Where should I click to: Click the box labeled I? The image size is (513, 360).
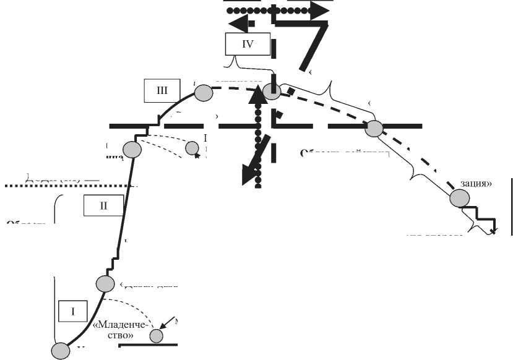(x=72, y=311)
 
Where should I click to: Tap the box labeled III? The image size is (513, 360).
(x=162, y=90)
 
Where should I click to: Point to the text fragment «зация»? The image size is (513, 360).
(x=475, y=184)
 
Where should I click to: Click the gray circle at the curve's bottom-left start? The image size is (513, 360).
(x=60, y=351)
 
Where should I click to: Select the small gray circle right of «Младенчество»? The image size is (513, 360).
(x=156, y=336)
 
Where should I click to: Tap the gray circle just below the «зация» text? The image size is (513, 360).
(x=460, y=199)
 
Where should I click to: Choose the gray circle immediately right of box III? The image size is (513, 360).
(x=204, y=93)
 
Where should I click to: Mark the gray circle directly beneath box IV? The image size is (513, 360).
(x=272, y=91)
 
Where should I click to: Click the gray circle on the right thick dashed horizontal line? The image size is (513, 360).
(x=374, y=128)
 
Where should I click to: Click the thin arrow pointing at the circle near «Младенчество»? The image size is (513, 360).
(x=166, y=325)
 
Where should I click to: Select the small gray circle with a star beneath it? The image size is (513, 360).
(x=192, y=148)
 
